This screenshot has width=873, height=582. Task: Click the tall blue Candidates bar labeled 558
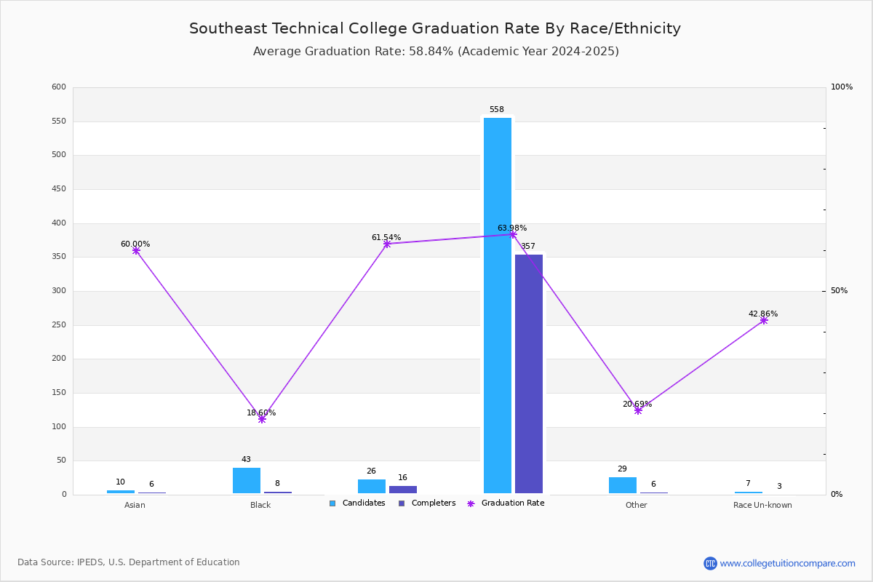[x=498, y=306]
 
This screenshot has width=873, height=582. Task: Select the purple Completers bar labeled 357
[x=529, y=374]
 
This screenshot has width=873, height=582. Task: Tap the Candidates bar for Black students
[x=247, y=481]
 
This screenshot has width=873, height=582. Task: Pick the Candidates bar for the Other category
[x=623, y=485]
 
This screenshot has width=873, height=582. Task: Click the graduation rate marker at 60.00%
[x=136, y=251]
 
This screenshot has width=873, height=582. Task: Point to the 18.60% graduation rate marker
[x=262, y=419]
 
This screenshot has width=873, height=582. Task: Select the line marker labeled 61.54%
[x=387, y=244]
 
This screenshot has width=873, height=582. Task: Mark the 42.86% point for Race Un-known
[x=764, y=320]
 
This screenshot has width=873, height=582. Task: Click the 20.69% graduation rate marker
[x=638, y=410]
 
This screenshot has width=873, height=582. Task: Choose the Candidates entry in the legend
[x=357, y=503]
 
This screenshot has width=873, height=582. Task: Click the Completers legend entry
[x=427, y=503]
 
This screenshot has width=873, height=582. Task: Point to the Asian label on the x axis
[x=135, y=505]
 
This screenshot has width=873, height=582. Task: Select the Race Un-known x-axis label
[x=762, y=505]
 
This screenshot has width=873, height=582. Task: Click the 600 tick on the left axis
[x=59, y=87]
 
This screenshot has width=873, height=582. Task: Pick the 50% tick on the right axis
[x=839, y=291]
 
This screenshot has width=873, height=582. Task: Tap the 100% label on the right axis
[x=841, y=87]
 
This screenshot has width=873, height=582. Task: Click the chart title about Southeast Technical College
[x=435, y=28]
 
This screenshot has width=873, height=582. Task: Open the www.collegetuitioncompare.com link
[x=787, y=563]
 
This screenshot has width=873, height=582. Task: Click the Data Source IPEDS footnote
[x=129, y=562]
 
